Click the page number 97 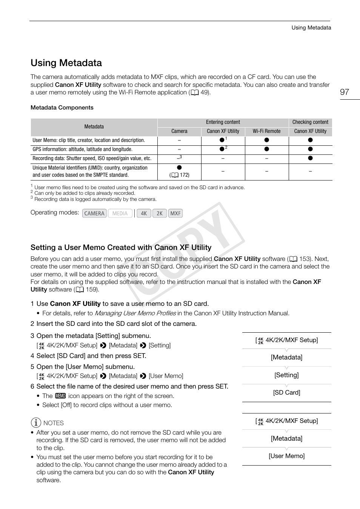(x=344, y=92)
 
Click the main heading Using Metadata (x=66, y=63)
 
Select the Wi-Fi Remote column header (x=266, y=131)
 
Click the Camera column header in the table (x=179, y=131)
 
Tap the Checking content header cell (x=310, y=122)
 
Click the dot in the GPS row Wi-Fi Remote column (x=266, y=149)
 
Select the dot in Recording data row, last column (x=310, y=158)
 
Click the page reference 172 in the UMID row (x=184, y=175)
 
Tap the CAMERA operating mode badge (x=94, y=213)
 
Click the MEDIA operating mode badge (x=120, y=213)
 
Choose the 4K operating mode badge (x=144, y=213)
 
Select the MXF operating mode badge (x=175, y=213)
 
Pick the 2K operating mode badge (x=160, y=213)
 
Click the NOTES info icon (x=36, y=423)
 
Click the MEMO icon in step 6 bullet (x=60, y=396)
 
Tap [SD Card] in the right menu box (x=286, y=393)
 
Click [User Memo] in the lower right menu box (x=286, y=456)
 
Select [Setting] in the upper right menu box (x=286, y=375)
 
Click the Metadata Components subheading (x=62, y=108)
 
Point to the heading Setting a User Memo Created (x=121, y=248)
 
